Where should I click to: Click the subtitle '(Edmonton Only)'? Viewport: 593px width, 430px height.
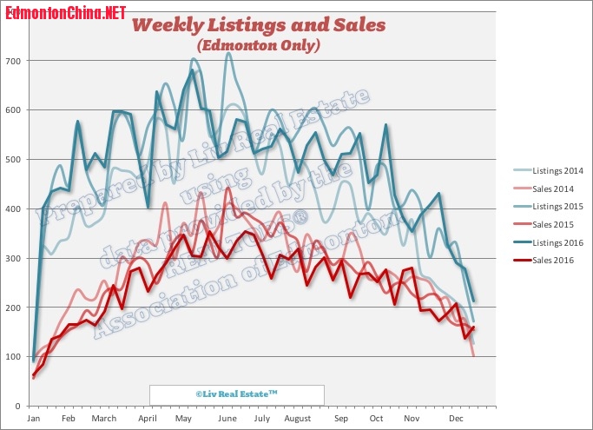pos(258,44)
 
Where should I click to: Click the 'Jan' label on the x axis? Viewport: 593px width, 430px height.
pos(34,419)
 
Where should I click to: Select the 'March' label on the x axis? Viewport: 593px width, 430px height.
pos(104,419)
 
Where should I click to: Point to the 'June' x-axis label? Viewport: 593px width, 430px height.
pos(228,419)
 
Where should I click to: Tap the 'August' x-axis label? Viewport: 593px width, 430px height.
pos(298,419)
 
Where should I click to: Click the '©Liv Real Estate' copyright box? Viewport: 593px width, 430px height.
pos(236,394)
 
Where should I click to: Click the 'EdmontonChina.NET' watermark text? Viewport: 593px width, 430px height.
pos(65,13)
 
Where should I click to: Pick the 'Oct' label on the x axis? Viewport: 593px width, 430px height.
pos(376,419)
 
